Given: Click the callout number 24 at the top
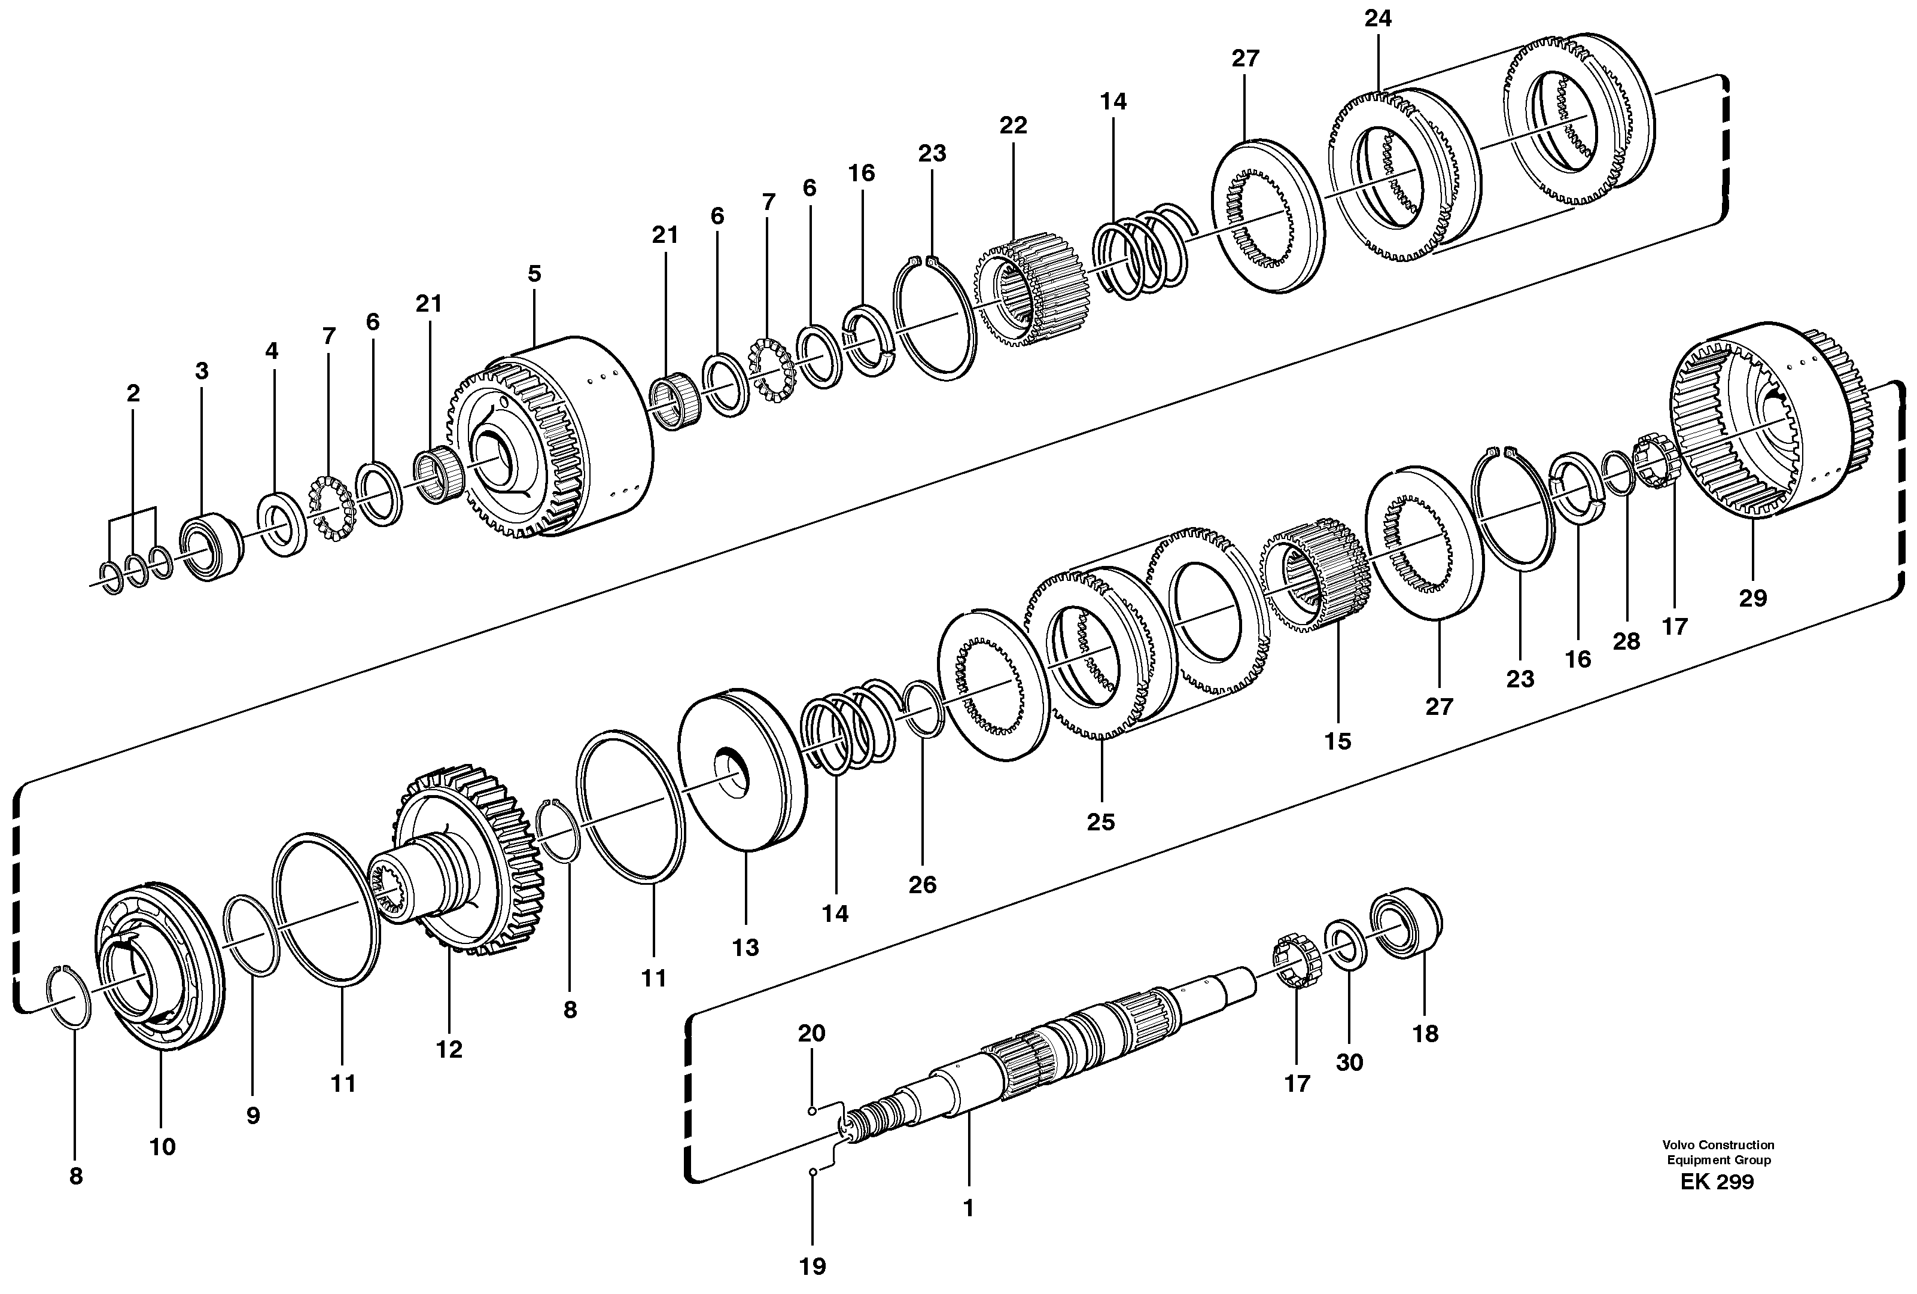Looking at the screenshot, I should tap(1377, 18).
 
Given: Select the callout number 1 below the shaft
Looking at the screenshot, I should tap(969, 1207).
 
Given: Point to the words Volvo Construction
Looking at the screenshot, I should tap(1717, 1144).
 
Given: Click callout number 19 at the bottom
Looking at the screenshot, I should tap(813, 1266).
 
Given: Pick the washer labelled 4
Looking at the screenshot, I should tap(281, 525).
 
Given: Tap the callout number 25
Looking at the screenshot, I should tap(1100, 821).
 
